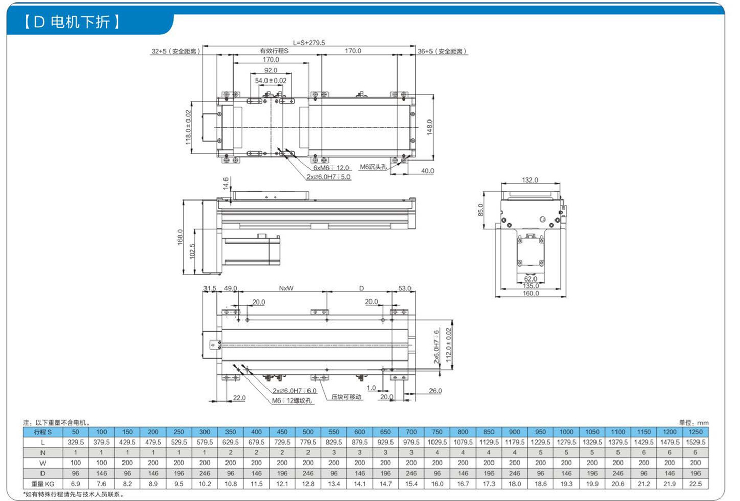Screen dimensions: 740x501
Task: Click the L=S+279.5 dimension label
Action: click(x=309, y=43)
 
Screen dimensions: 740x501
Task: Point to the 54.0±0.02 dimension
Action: click(x=271, y=81)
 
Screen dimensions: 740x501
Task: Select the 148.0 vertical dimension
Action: click(x=429, y=127)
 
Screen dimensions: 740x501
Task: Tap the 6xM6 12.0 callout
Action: click(x=331, y=168)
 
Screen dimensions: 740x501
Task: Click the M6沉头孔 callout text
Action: click(x=373, y=167)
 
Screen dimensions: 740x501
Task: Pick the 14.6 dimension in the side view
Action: click(x=225, y=184)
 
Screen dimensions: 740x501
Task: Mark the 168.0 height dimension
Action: click(x=180, y=237)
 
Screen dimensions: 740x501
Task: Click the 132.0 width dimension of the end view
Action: click(x=530, y=180)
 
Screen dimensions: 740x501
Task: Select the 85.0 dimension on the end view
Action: click(x=480, y=210)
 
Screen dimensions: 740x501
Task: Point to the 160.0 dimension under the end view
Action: click(x=530, y=293)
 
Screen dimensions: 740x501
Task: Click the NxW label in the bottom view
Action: click(x=286, y=288)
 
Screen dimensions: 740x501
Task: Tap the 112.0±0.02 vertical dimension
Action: click(x=448, y=345)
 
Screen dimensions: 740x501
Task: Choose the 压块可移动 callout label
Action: click(x=346, y=397)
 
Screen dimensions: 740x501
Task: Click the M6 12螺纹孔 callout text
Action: click(x=292, y=400)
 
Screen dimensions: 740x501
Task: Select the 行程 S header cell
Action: click(x=43, y=432)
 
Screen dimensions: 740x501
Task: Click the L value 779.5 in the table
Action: click(x=308, y=442)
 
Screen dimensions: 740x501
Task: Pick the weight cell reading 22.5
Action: click(x=695, y=484)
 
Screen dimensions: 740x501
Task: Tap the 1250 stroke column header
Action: click(x=695, y=432)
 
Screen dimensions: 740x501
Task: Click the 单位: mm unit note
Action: click(x=693, y=423)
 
